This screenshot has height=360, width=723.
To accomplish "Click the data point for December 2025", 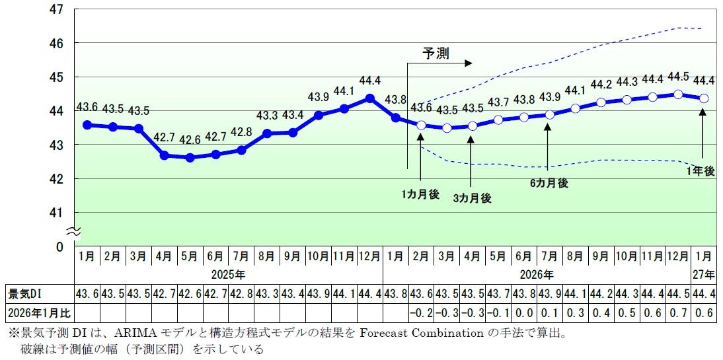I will pos(369,98).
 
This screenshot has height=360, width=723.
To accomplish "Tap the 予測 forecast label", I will pos(436,53).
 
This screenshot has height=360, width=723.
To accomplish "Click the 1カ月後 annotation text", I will pos(420,195).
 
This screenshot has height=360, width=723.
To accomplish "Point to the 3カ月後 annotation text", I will pos(472,198).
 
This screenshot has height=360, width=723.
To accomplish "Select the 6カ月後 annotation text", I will pos(548,184).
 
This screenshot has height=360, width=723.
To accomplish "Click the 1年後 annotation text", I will pos(701,171).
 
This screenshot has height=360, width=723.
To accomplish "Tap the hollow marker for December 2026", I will pos(677,94).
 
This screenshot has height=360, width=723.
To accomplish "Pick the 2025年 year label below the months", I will pos(228,273).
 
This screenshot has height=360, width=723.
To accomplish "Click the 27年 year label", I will pos(704,273).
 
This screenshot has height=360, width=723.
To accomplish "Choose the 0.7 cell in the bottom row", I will pos(678,311).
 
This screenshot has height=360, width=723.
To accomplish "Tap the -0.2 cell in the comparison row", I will pos(421,311).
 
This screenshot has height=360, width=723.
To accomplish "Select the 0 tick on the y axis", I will pos(59,246).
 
